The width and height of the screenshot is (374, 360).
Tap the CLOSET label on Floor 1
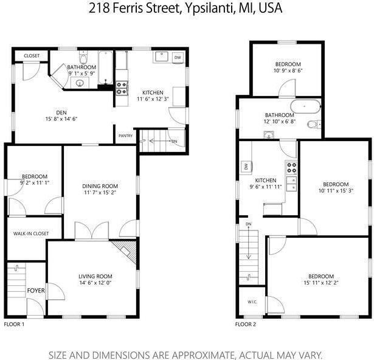click(x=32, y=56)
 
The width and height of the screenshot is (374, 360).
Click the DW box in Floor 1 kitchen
click(x=177, y=58)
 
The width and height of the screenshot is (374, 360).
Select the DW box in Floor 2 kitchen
click(x=245, y=165)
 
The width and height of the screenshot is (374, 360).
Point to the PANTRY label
click(x=125, y=136)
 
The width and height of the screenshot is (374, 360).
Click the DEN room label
click(x=61, y=112)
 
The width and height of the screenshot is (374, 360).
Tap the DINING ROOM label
click(x=100, y=186)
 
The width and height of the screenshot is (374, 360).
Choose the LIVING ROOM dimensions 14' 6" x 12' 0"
click(x=95, y=283)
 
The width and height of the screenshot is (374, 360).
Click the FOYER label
click(x=36, y=291)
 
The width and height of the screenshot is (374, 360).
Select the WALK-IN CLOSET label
click(x=31, y=233)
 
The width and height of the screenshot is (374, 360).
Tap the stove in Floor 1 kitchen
click(x=121, y=88)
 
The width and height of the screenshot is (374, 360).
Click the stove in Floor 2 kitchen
click(x=291, y=167)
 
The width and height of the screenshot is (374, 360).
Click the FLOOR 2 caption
click(x=246, y=324)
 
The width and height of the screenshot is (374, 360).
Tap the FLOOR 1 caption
click(x=14, y=324)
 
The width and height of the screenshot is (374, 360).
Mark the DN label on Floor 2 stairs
click(x=248, y=224)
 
